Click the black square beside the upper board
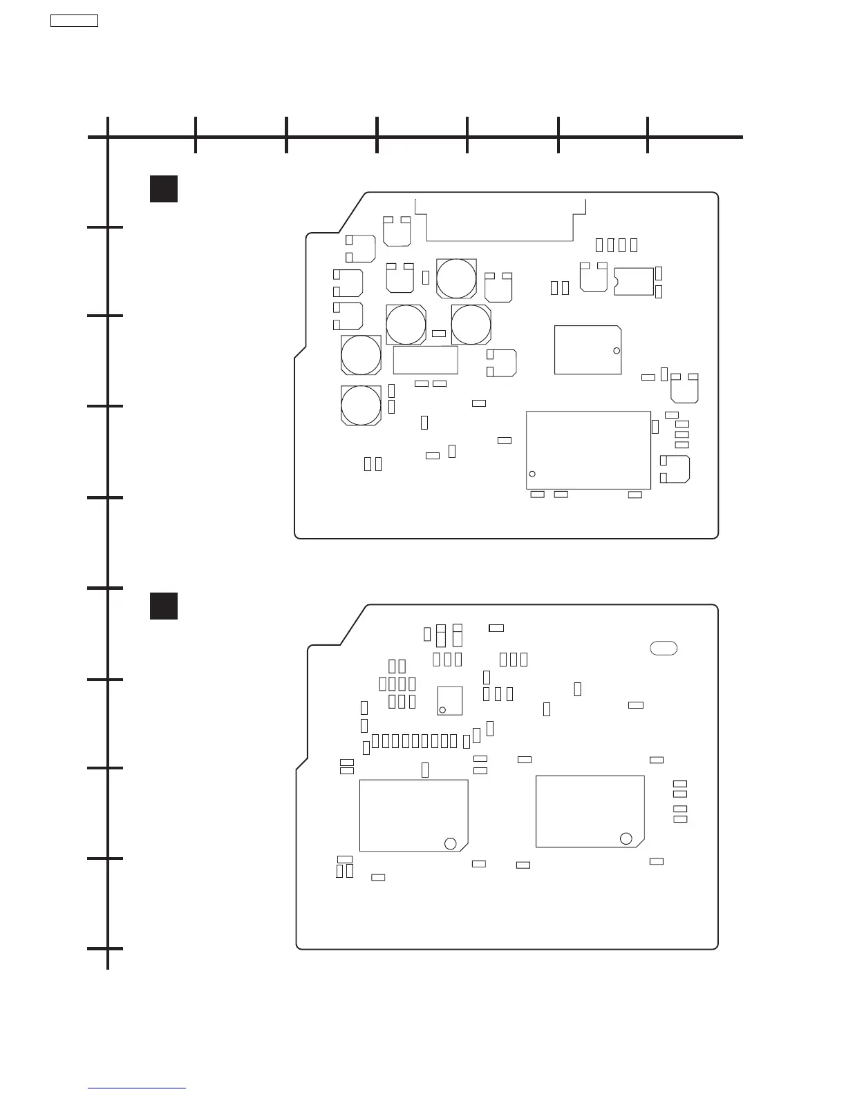point(164,189)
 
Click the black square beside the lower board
point(164,606)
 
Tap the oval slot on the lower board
point(664,648)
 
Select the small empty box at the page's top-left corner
point(75,21)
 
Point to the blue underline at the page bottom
point(137,1089)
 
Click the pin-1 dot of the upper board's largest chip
point(532,474)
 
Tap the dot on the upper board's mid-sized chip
point(617,351)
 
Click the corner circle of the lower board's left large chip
point(450,843)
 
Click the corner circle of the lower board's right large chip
point(626,838)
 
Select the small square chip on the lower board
point(450,700)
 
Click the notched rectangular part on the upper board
point(634,281)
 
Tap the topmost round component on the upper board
point(456,279)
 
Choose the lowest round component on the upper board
point(361,405)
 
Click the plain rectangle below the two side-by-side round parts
point(425,360)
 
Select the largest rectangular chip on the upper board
point(588,450)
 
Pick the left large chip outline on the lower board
point(413,815)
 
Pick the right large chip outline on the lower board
point(590,811)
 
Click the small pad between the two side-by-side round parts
point(438,334)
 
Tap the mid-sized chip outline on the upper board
point(587,350)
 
